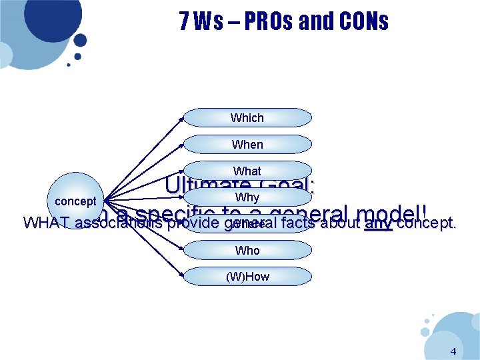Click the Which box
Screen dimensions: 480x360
tap(247, 118)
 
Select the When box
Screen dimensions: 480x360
tap(247, 145)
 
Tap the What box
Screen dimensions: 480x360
tap(247, 171)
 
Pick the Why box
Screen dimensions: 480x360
tap(247, 197)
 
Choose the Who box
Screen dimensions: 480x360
tap(247, 250)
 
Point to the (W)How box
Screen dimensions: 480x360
tap(247, 277)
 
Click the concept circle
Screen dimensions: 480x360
tap(75, 201)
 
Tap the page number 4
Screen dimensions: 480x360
tap(453, 351)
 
